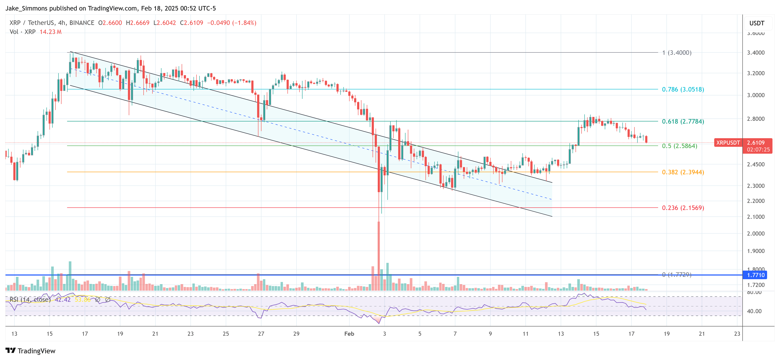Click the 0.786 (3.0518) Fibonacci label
coord(683,89)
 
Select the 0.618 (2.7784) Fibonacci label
coord(683,121)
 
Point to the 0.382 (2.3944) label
coord(683,172)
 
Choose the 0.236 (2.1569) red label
coord(683,208)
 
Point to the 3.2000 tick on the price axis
coord(756,73)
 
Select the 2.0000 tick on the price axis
coord(756,233)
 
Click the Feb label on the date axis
coord(349,334)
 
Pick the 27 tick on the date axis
coord(261,334)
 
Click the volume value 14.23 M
coord(51,32)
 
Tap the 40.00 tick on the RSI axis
coord(754,311)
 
